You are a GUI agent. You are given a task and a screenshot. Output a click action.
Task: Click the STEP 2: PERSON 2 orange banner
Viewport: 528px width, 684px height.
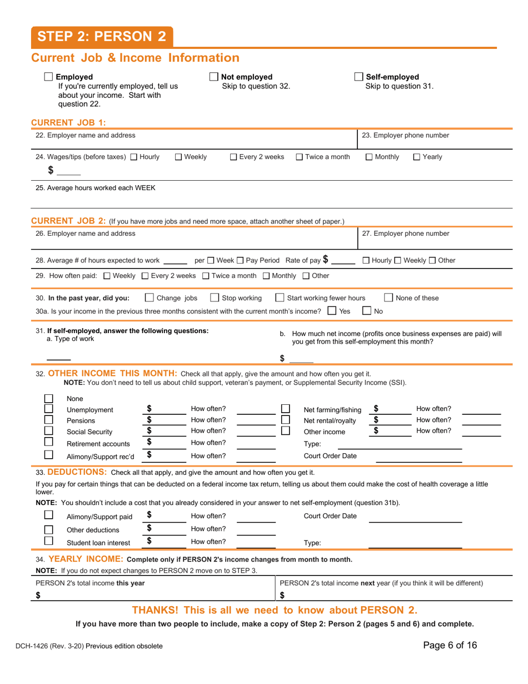pos(102,37)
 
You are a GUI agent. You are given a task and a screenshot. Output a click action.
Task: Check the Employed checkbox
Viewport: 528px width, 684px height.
pos(48,77)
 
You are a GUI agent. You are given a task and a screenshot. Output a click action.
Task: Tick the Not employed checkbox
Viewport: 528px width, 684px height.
pos(213,77)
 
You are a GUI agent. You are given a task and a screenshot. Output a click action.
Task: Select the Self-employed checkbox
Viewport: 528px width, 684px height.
pos(358,77)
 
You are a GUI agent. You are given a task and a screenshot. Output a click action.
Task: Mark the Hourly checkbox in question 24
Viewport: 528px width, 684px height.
pos(133,157)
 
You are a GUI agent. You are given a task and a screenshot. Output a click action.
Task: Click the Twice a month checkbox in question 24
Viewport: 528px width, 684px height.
pos(300,157)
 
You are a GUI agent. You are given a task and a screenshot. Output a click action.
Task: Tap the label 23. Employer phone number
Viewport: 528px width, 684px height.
pos(405,135)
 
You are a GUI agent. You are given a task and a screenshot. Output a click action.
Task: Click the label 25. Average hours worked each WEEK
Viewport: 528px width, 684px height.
pos(96,188)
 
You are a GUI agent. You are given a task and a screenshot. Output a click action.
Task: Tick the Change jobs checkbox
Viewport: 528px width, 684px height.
pos(149,298)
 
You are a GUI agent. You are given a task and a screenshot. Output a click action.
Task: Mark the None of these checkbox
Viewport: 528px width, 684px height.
pos(390,298)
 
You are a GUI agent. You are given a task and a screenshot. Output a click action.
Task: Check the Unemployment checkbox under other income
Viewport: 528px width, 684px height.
pos(49,409)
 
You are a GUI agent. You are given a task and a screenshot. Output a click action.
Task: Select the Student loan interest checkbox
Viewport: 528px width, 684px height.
pos(49,541)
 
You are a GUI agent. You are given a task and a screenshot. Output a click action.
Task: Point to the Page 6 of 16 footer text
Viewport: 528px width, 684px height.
pos(450,646)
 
